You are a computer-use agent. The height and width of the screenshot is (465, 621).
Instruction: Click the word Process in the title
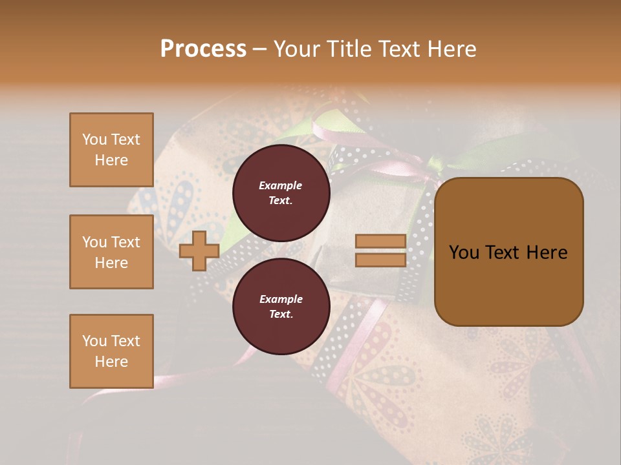[203, 49]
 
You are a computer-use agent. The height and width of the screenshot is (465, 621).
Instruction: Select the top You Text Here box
[111, 150]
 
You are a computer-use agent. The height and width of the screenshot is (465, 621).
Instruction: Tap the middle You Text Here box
[111, 252]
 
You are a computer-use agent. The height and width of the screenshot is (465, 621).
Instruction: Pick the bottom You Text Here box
[111, 351]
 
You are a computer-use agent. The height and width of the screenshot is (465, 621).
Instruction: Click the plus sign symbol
[199, 251]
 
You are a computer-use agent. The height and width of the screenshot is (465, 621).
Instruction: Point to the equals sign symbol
[380, 251]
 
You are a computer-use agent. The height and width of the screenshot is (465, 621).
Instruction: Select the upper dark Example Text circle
[281, 193]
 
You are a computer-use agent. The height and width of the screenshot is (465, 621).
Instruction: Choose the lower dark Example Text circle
[281, 306]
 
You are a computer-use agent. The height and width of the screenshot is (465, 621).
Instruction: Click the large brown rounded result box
[508, 252]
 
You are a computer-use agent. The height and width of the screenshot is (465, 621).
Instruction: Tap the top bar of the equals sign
[380, 242]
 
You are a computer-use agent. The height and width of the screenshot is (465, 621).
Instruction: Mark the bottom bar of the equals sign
[380, 260]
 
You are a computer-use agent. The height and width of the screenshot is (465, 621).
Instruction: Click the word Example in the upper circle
[281, 185]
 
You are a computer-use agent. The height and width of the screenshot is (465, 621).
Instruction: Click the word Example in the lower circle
[281, 299]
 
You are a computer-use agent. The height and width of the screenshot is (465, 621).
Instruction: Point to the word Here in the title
[453, 49]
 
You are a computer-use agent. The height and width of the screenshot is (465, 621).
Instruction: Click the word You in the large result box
[464, 253]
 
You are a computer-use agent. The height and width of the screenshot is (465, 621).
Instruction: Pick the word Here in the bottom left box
[111, 362]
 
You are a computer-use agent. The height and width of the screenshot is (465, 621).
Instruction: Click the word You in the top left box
[94, 139]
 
